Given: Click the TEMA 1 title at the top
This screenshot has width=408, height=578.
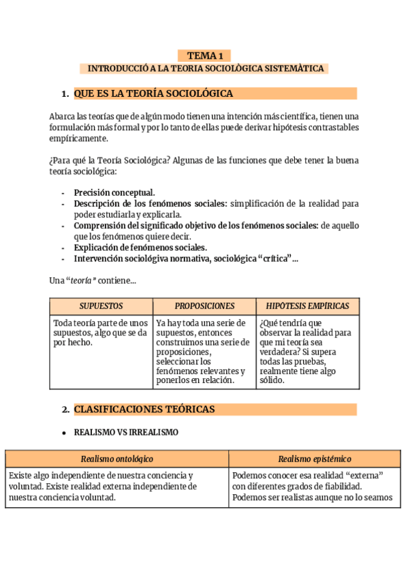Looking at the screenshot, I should [205, 56].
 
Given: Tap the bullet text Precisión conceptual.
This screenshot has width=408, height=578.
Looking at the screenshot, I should [114, 193].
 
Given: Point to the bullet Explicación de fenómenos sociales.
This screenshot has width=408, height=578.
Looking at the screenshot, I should [140, 247].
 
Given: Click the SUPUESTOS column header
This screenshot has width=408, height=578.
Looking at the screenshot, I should [101, 306].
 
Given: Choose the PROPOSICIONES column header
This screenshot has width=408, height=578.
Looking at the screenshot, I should [204, 306].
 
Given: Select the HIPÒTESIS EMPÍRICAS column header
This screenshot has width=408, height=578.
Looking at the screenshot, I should [308, 306].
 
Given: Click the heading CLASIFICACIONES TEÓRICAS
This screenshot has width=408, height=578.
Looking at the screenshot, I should [144, 410].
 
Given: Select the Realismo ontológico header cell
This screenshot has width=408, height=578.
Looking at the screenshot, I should [117, 459].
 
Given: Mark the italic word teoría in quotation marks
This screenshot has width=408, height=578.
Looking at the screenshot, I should [81, 280].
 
